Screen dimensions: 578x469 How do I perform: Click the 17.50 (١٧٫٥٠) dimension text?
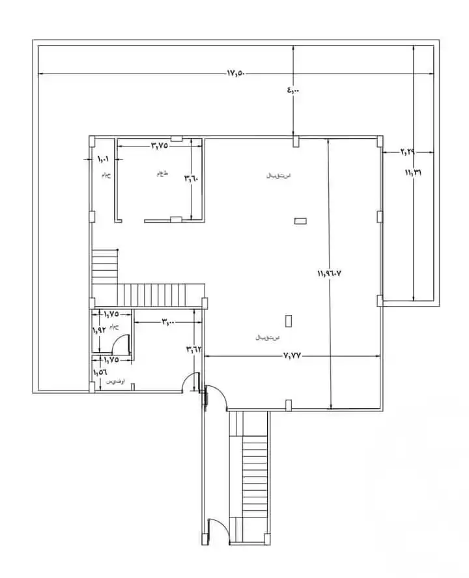235,73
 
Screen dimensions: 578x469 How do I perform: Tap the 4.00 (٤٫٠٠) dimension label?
294,90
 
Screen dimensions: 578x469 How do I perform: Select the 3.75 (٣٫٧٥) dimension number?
160,145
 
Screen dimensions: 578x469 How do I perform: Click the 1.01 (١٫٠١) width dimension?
104,159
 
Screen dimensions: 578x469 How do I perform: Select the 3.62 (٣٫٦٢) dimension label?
193,349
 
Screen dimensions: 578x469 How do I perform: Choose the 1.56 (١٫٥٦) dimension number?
100,372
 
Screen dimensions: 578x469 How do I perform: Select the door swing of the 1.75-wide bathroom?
122,344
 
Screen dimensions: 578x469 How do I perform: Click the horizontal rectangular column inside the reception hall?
300,221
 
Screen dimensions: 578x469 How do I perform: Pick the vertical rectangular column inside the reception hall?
289,320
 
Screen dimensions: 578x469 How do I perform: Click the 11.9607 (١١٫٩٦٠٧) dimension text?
330,274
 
